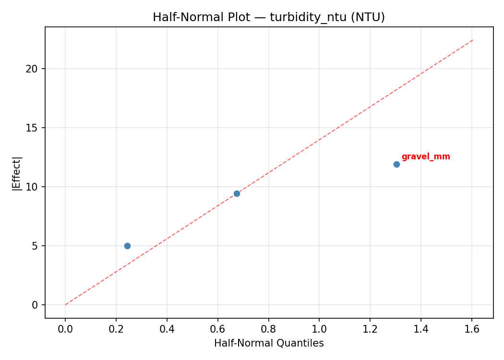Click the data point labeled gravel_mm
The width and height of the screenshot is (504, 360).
coord(396,164)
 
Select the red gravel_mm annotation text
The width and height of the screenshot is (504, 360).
coord(426,157)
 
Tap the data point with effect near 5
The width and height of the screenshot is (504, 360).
coord(127,246)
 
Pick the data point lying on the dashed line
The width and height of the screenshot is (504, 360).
coord(237,193)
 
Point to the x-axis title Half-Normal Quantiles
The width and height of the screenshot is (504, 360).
coord(269,343)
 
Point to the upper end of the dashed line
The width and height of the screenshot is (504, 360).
coord(472,40)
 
